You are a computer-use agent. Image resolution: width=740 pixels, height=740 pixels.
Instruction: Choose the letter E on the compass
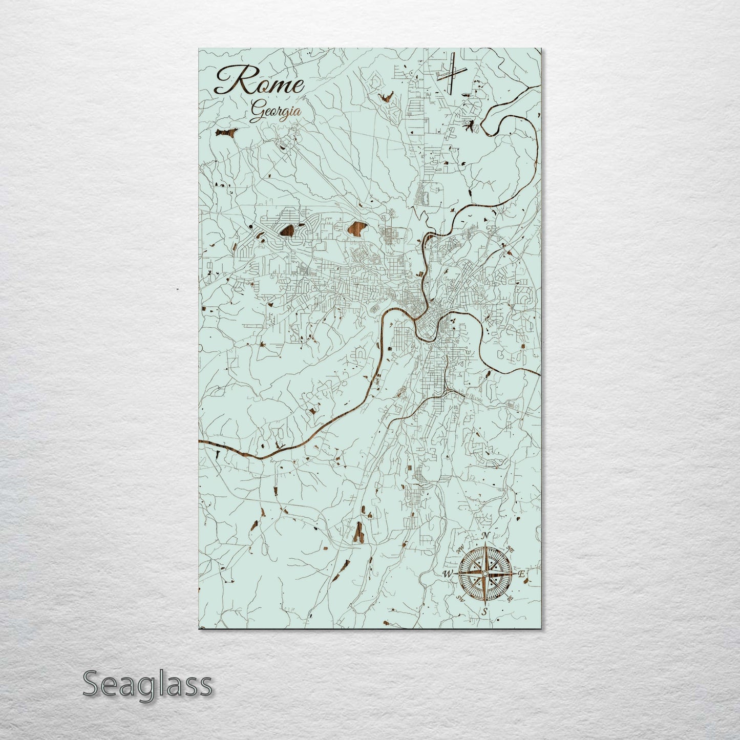pos(521,575)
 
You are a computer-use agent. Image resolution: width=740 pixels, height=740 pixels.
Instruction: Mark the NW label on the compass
pos(460,549)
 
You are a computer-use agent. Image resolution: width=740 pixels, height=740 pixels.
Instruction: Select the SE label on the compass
pos(509,598)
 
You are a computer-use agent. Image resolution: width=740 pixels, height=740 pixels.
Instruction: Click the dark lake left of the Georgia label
pos(226,133)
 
